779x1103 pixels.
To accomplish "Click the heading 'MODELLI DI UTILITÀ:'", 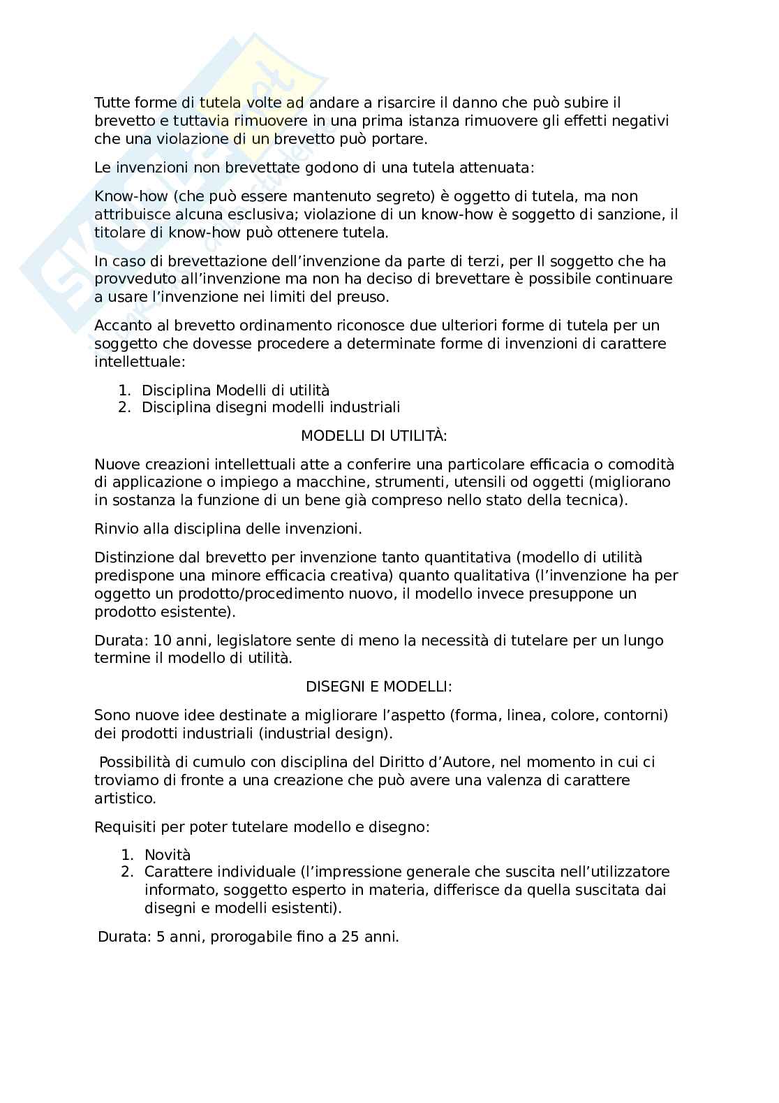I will point(373,436).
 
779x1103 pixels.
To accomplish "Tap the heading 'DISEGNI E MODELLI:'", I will point(378,687).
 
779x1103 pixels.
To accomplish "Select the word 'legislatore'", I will point(239,641).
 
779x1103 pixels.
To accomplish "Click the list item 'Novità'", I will point(168,855).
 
